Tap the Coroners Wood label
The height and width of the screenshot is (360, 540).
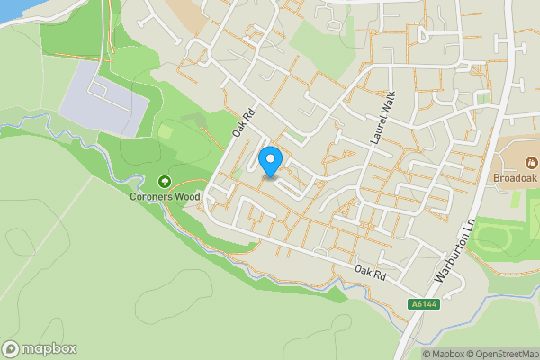point(164,195)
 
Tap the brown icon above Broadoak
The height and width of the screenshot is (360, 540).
point(531,163)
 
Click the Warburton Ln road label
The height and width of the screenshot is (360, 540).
point(454,256)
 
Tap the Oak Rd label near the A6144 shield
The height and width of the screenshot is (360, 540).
point(369,270)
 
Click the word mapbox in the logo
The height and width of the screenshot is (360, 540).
point(49,348)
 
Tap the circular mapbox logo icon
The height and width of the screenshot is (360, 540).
point(11,348)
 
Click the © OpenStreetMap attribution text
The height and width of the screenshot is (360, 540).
point(506,354)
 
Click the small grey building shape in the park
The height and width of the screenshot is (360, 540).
point(192,117)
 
